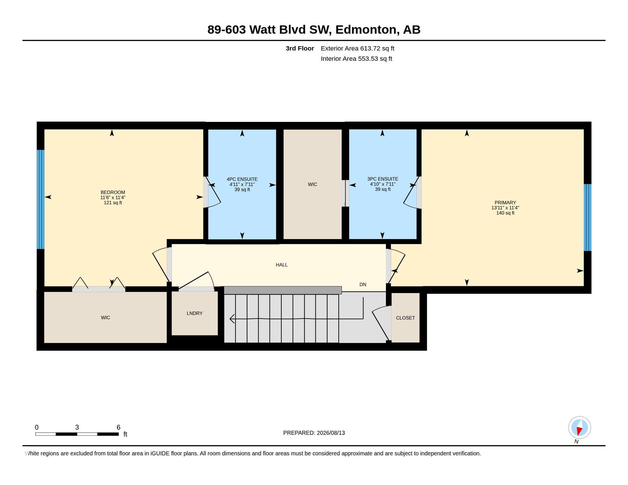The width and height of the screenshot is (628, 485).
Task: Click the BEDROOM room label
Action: click(113, 192)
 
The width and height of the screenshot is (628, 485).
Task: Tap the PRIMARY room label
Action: click(505, 203)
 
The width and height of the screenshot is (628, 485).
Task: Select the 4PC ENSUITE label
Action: click(242, 179)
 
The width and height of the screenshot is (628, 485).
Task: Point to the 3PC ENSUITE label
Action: click(383, 179)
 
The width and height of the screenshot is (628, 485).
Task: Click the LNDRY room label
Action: click(195, 313)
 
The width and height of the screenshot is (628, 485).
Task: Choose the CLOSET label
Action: click(405, 318)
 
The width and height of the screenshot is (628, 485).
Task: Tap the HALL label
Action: click(282, 265)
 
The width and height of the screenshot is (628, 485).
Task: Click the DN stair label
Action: click(363, 284)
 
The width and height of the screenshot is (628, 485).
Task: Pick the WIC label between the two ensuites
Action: click(313, 185)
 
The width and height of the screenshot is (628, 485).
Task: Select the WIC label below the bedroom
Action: click(106, 318)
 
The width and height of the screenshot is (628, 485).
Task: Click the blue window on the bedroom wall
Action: click(41, 199)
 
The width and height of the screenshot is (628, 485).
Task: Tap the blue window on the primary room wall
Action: click(587, 217)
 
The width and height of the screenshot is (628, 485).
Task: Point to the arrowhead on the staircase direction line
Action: click(232, 319)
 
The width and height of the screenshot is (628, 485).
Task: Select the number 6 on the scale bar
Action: click(118, 427)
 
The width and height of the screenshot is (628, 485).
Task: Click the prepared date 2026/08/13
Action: click(331, 433)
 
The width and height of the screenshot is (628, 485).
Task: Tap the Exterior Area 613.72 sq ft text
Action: click(357, 48)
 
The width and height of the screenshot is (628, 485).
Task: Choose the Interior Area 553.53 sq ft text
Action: click(357, 58)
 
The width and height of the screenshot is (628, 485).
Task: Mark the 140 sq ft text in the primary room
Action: click(505, 213)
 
